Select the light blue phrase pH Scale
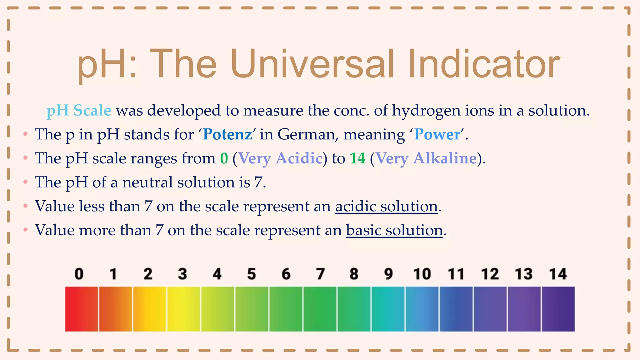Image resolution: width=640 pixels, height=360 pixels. click(79, 111)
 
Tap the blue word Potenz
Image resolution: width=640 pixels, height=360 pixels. click(227, 135)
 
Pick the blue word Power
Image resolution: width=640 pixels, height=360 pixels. click(437, 135)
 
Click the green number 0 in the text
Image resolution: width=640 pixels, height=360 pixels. click(224, 158)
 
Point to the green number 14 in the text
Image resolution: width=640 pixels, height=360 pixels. click(357, 158)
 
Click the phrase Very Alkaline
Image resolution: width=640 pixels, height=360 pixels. click(426, 158)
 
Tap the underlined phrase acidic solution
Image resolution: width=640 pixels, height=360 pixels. click(386, 207)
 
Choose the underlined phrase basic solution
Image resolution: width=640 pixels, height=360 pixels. click(394, 231)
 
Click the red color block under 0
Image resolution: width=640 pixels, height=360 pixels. click(81, 309)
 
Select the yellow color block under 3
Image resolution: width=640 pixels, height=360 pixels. click(183, 309)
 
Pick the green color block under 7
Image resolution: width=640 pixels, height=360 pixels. click(320, 309)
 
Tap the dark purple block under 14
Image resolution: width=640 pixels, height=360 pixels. click(558, 309)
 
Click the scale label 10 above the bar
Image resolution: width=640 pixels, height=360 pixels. click(422, 274)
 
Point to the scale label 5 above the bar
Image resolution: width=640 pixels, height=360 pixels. click(251, 274)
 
